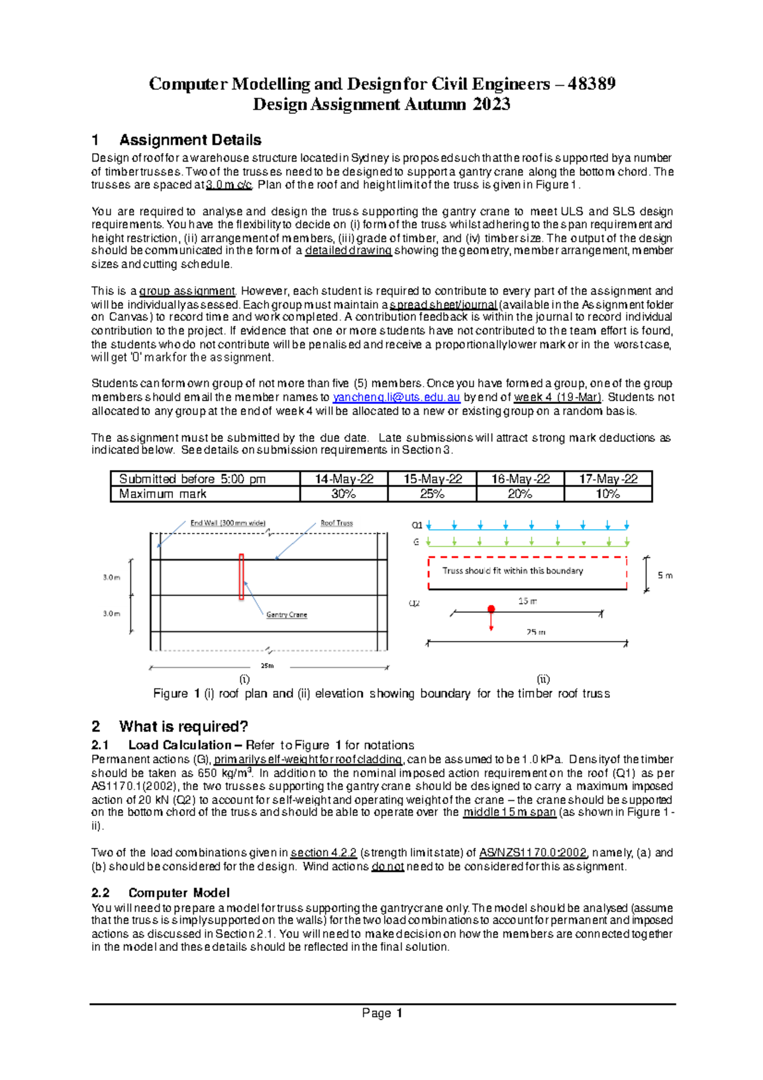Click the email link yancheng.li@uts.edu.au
(396, 398)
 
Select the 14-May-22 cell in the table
(344, 479)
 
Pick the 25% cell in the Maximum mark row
(432, 494)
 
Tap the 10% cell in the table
(608, 494)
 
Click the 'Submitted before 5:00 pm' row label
(192, 479)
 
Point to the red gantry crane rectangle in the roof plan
(242, 577)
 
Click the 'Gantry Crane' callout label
(286, 614)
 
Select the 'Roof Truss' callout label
(336, 523)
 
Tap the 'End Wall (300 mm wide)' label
(228, 523)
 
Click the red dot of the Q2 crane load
(491, 609)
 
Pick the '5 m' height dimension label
(664, 575)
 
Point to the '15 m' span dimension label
(527, 601)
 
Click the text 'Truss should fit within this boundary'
(512, 571)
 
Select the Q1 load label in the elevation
(417, 525)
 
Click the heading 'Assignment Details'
(190, 140)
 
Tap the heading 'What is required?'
(183, 726)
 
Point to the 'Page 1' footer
(382, 1013)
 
